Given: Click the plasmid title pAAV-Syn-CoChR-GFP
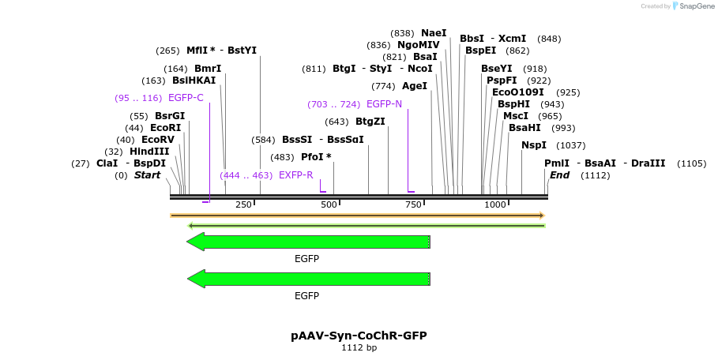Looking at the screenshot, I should click(x=359, y=336).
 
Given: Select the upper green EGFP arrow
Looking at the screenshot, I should click(x=308, y=242).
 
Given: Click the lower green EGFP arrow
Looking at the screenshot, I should click(x=308, y=279).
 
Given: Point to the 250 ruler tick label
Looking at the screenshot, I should click(x=243, y=204).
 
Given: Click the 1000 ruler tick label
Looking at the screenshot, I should click(x=495, y=204).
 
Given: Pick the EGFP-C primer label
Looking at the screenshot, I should click(x=186, y=98).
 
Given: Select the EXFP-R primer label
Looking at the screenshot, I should click(x=296, y=174).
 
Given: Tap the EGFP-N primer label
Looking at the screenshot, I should click(x=384, y=104).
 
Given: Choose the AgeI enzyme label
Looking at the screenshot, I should click(x=415, y=86).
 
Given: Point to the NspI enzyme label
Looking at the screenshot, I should click(x=533, y=145).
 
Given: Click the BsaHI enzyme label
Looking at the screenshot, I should click(x=524, y=128).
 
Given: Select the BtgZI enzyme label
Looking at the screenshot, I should click(x=370, y=122).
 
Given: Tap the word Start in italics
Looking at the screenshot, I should click(x=147, y=175).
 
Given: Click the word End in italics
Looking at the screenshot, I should click(x=559, y=175).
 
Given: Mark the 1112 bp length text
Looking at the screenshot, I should click(x=359, y=347).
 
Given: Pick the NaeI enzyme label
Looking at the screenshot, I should click(x=434, y=33).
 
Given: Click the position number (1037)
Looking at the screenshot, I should click(x=571, y=145).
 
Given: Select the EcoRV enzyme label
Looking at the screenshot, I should click(x=158, y=140).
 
